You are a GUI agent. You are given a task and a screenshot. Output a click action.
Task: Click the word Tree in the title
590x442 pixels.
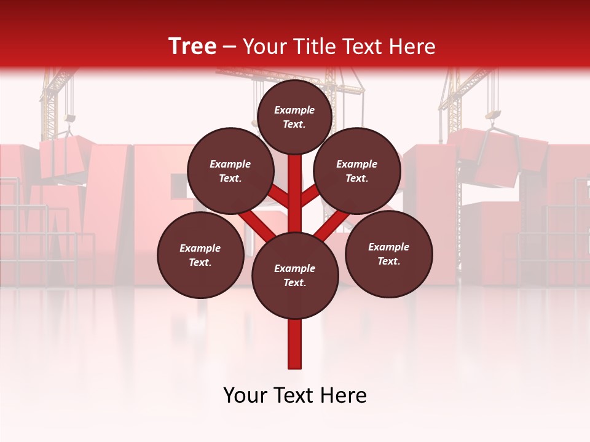[x=192, y=46]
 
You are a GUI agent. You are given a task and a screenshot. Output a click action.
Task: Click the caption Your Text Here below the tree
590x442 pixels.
[x=295, y=395]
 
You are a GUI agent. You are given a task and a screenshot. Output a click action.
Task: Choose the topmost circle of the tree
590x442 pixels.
[x=294, y=117]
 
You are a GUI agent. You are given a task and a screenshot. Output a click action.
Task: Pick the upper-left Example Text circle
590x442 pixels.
[x=230, y=171]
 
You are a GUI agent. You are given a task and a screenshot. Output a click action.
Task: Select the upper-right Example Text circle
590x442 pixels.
[x=357, y=171]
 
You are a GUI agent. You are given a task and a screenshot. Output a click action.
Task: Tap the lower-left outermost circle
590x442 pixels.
[x=200, y=255]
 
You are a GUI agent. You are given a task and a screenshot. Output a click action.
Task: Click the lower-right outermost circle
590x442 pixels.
[x=388, y=254]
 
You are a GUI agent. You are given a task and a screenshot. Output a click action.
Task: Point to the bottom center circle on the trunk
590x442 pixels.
[x=295, y=276]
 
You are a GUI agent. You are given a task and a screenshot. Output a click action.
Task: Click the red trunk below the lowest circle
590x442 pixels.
[x=295, y=344]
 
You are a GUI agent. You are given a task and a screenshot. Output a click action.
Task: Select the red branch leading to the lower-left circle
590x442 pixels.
[x=257, y=225]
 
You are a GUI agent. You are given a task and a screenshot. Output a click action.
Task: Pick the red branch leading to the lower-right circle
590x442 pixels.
[x=332, y=225]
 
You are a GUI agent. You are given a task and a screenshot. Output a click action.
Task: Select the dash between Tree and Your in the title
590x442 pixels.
[x=230, y=47]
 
